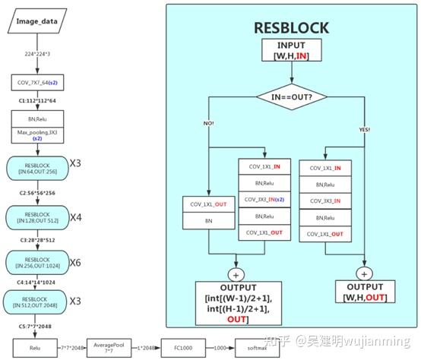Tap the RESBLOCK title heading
pyautogui.click(x=291, y=28)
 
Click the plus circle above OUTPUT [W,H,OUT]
pyautogui.click(x=366, y=273)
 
